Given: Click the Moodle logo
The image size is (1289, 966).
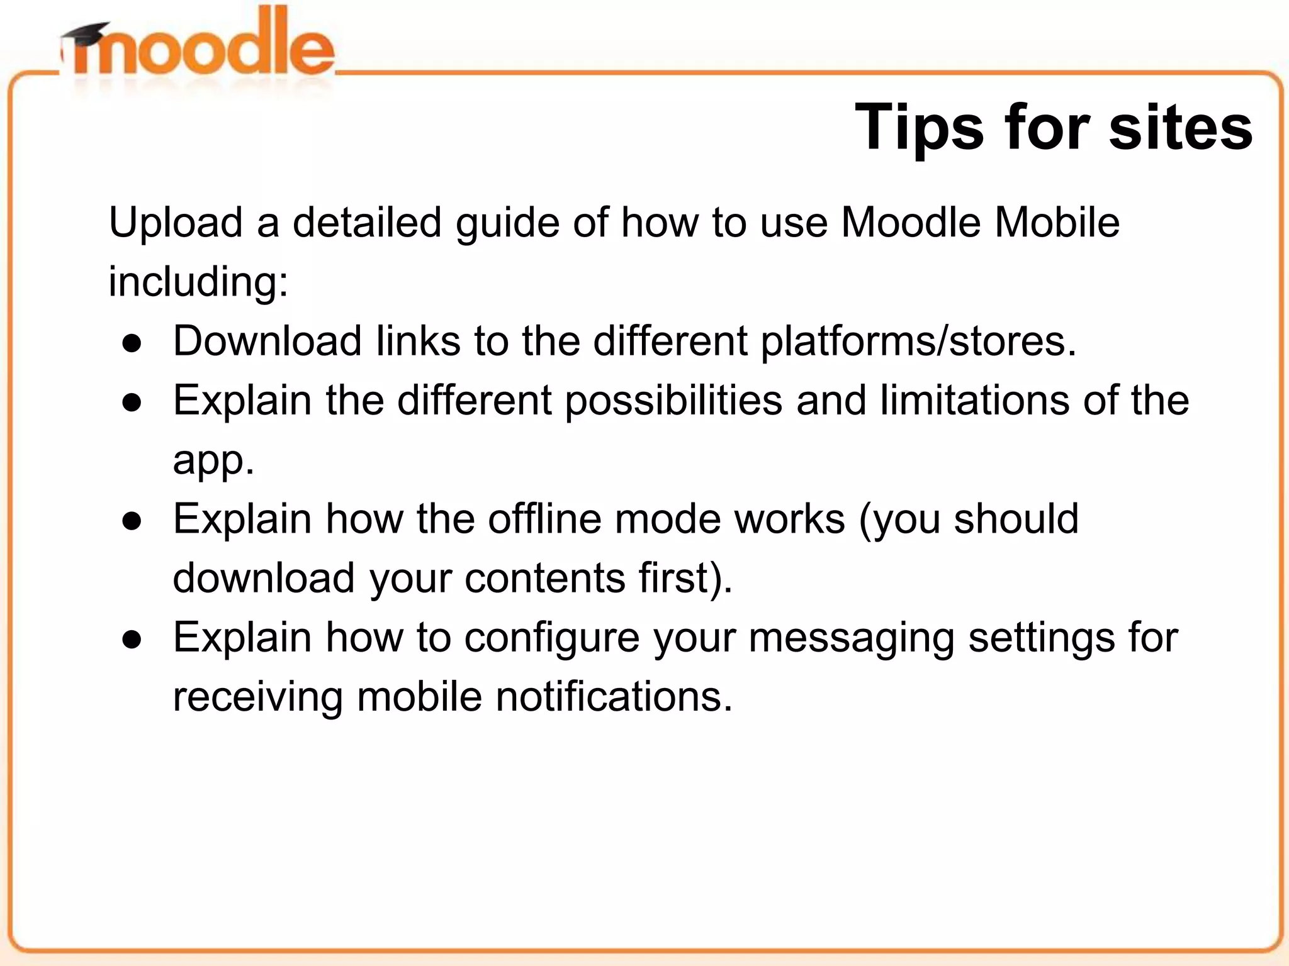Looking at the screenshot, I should [x=198, y=50].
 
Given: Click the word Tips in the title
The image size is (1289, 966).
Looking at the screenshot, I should [x=919, y=128].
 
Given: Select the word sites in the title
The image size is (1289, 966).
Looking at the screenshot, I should [x=1180, y=128].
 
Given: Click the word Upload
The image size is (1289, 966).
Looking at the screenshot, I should [x=176, y=223].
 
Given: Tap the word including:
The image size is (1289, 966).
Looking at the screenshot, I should [x=198, y=282].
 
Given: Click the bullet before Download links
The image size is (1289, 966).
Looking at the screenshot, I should [x=132, y=343].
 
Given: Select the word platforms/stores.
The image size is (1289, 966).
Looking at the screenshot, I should [x=918, y=341].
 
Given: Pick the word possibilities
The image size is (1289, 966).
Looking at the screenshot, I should [x=673, y=401].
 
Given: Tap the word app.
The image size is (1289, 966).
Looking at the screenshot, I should [x=213, y=461].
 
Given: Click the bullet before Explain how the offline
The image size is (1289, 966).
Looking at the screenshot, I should [x=132, y=521].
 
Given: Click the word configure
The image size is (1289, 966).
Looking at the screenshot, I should [x=551, y=638].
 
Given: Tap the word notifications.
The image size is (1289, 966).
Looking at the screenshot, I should [x=614, y=697].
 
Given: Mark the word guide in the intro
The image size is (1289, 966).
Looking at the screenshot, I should [x=507, y=224].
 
